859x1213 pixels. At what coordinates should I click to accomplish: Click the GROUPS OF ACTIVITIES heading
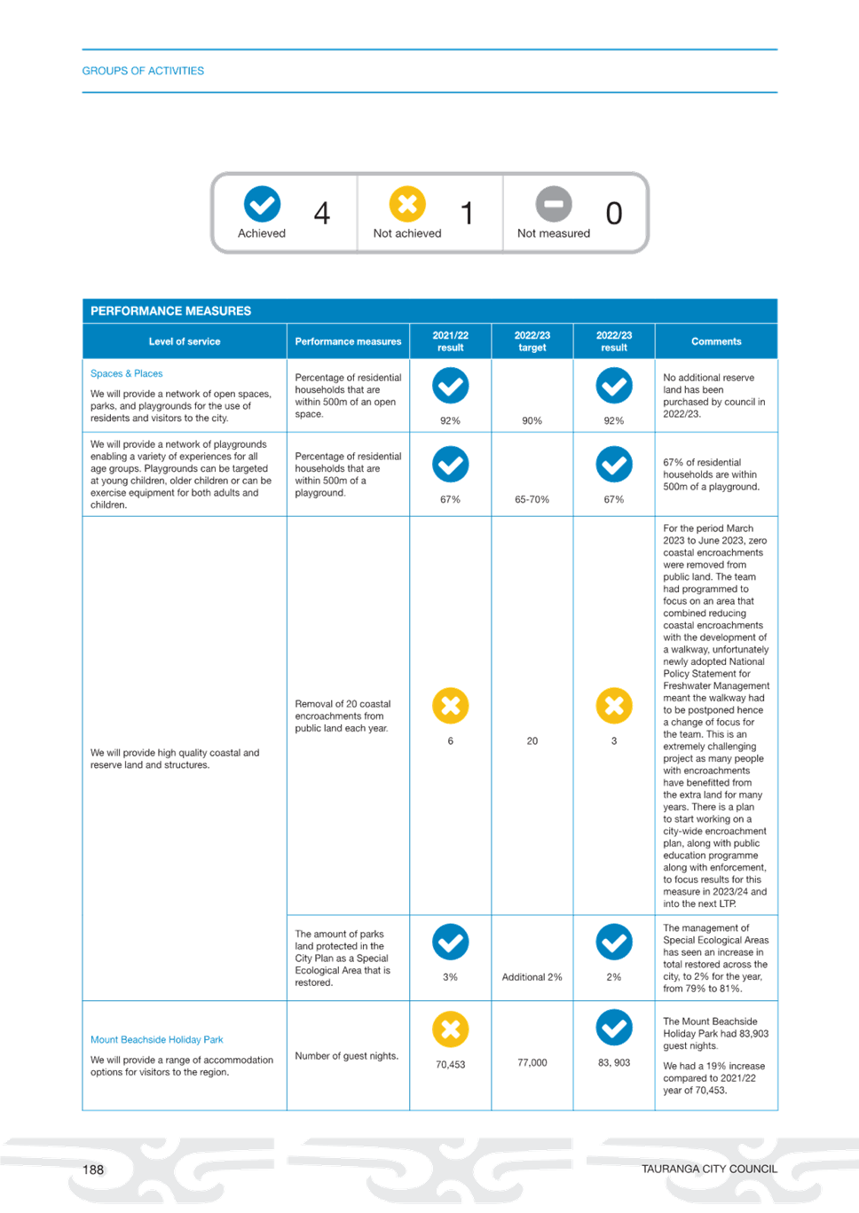143,71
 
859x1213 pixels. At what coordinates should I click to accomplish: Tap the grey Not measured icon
554,204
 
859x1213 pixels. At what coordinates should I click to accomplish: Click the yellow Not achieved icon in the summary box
407,204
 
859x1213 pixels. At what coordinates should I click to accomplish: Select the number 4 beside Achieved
322,213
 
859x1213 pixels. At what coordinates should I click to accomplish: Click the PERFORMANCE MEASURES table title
170,311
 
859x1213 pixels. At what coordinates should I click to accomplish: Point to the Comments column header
716,341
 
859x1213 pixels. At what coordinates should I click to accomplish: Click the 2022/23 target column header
532,341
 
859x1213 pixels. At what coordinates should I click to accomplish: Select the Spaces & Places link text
126,373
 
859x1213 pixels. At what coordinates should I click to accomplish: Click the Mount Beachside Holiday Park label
156,1040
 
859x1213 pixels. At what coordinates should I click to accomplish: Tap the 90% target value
532,421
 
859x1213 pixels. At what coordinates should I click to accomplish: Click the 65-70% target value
532,499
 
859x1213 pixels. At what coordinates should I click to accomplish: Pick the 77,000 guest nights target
532,1062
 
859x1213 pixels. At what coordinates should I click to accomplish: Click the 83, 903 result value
614,1062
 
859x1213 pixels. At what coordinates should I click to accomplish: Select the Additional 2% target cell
532,977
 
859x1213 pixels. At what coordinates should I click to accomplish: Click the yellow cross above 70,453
451,1029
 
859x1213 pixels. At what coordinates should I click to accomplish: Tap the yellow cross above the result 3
614,706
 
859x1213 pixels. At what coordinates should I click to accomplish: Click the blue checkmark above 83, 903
614,1028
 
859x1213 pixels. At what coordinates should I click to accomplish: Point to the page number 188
93,1170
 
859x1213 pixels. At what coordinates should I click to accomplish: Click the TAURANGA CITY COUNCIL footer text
709,1170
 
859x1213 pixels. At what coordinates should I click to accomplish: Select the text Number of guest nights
347,1056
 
